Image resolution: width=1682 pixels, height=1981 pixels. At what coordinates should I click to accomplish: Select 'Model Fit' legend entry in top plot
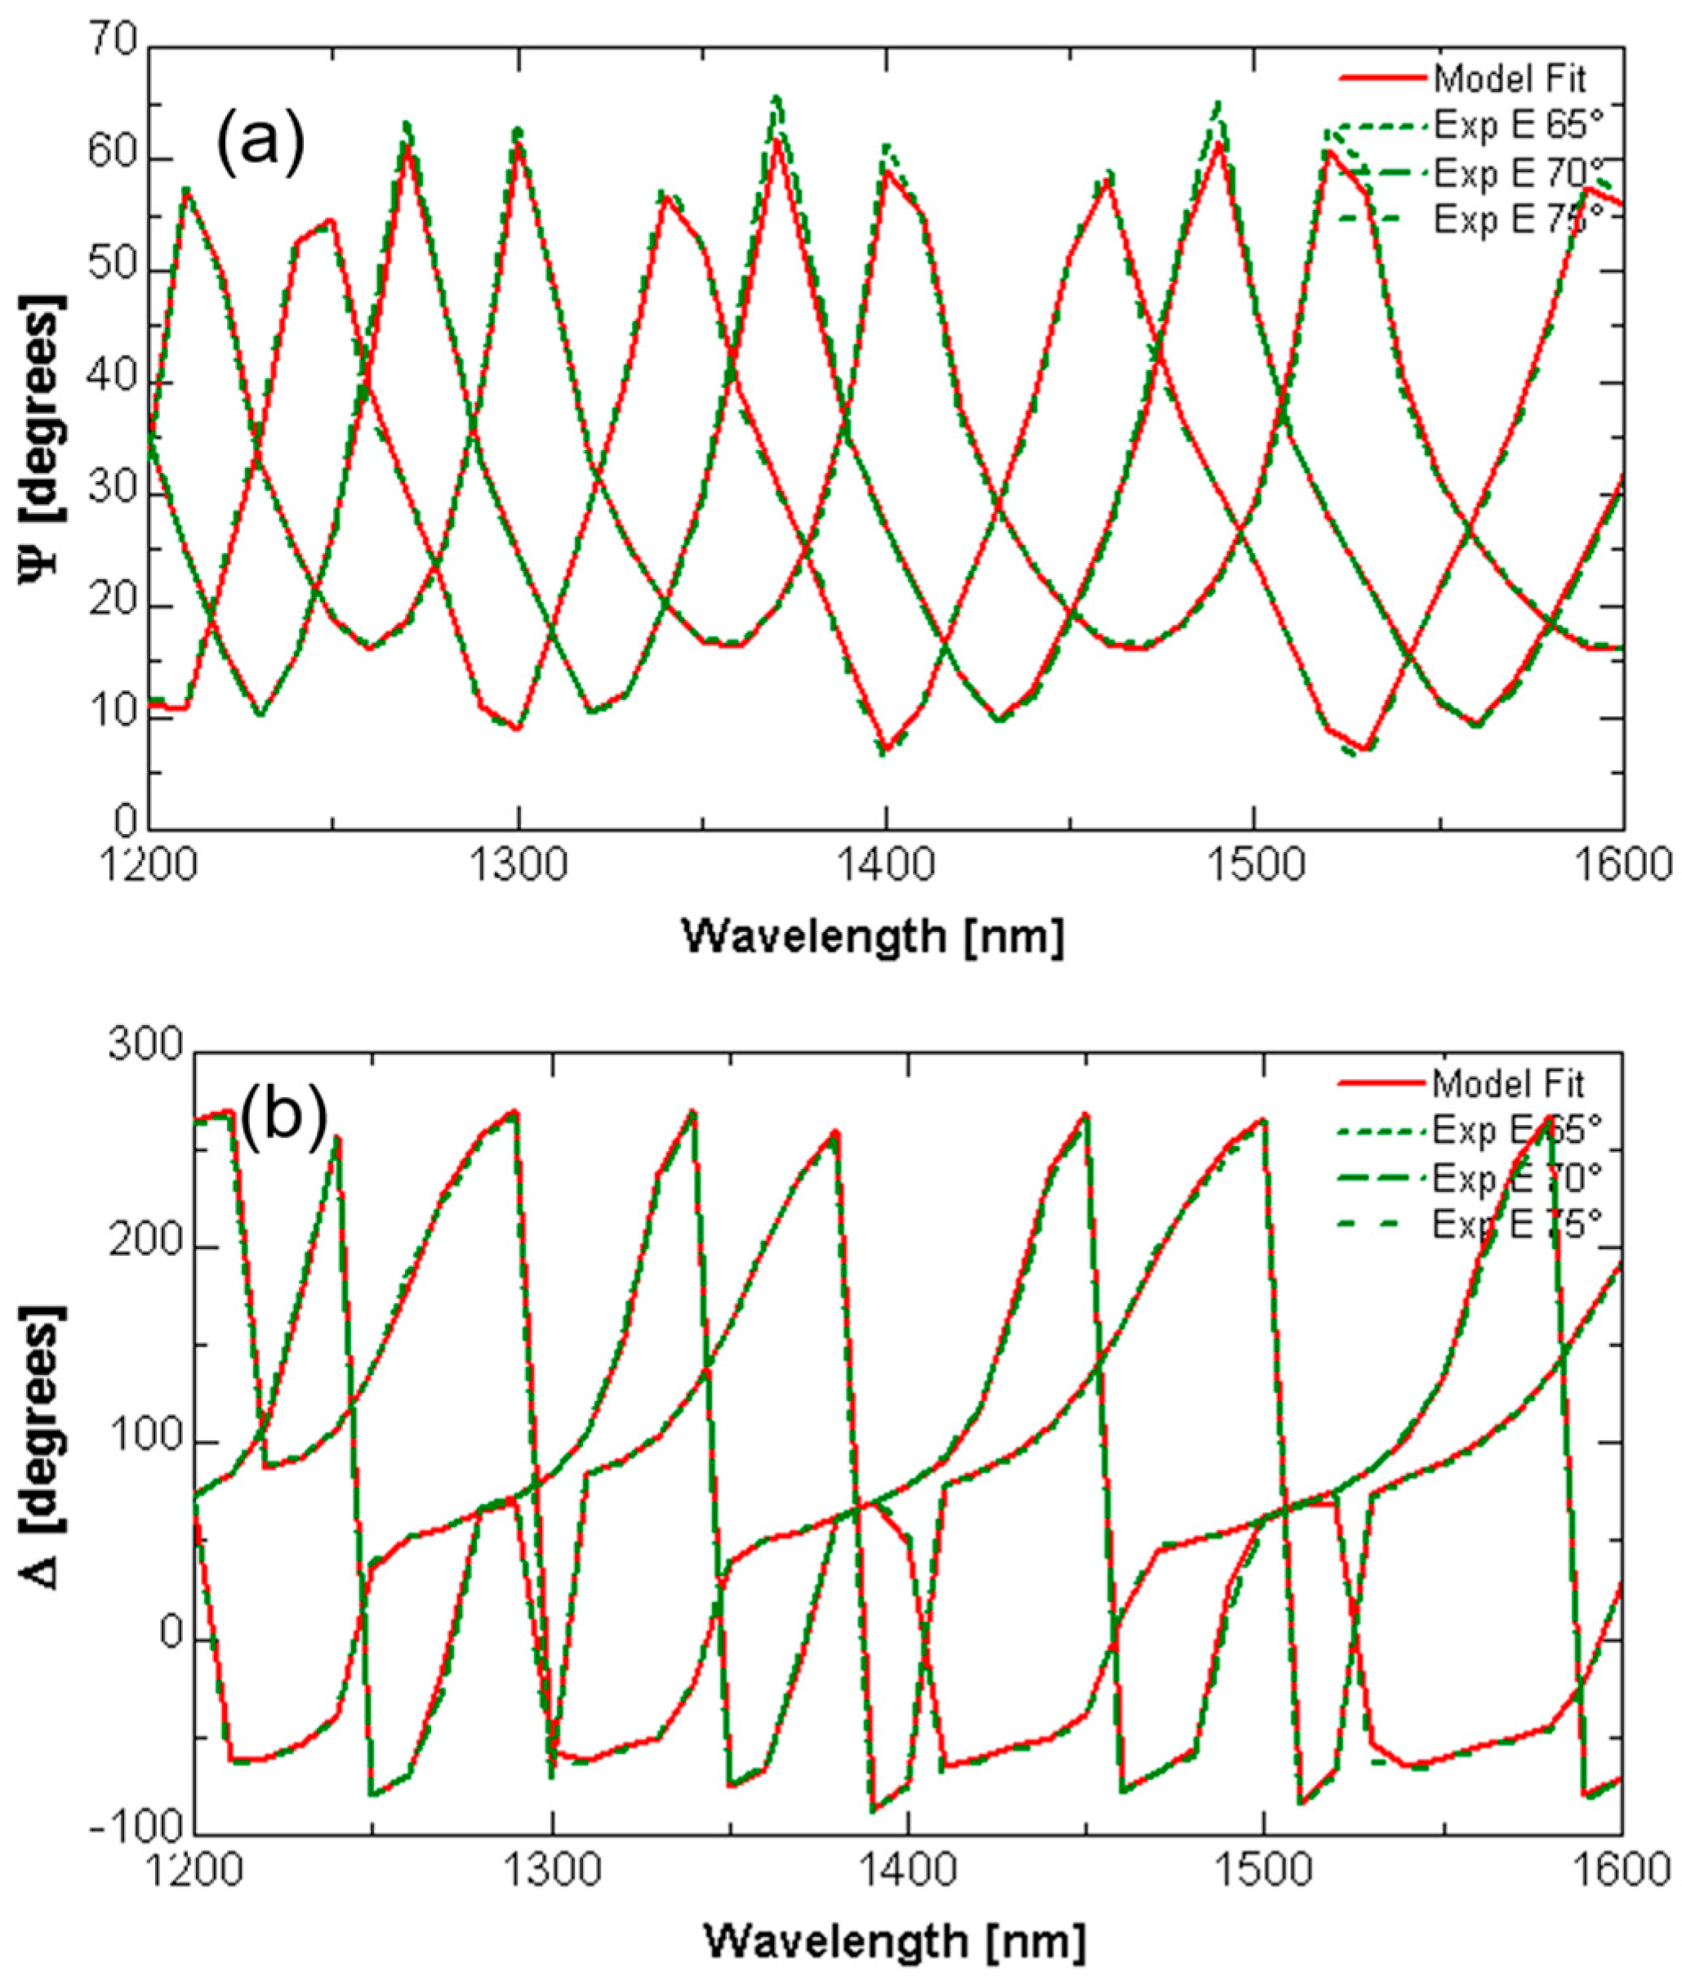(x=1511, y=78)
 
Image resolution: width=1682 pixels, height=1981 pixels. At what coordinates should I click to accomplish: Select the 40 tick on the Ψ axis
(x=114, y=383)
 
